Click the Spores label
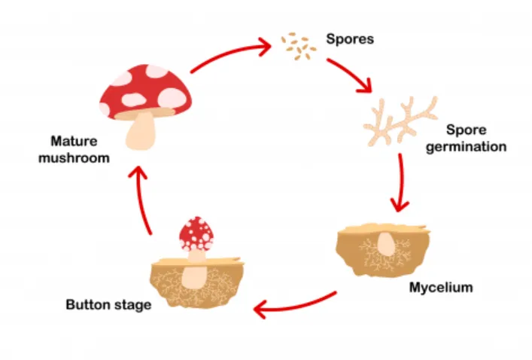pyautogui.click(x=349, y=38)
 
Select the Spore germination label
pyautogui.click(x=465, y=139)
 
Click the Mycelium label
pyautogui.click(x=441, y=287)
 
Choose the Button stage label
pyautogui.click(x=108, y=305)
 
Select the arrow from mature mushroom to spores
pyautogui.click(x=230, y=58)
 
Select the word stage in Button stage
pyautogui.click(x=132, y=305)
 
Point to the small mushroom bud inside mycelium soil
pyautogui.click(x=385, y=243)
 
